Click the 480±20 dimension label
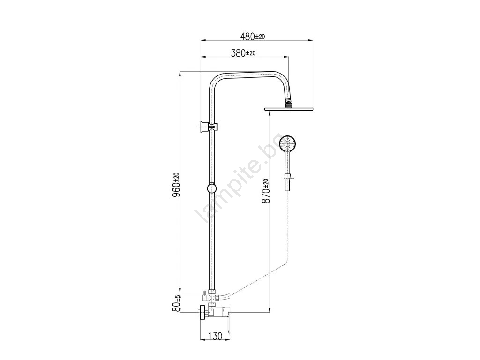(x=253, y=37)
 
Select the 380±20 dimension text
(x=243, y=53)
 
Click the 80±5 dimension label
(x=176, y=303)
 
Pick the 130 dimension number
(x=215, y=336)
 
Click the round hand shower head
(x=288, y=143)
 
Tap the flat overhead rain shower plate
(x=289, y=109)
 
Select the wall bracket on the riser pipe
(x=208, y=127)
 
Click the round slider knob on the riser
(x=211, y=188)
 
